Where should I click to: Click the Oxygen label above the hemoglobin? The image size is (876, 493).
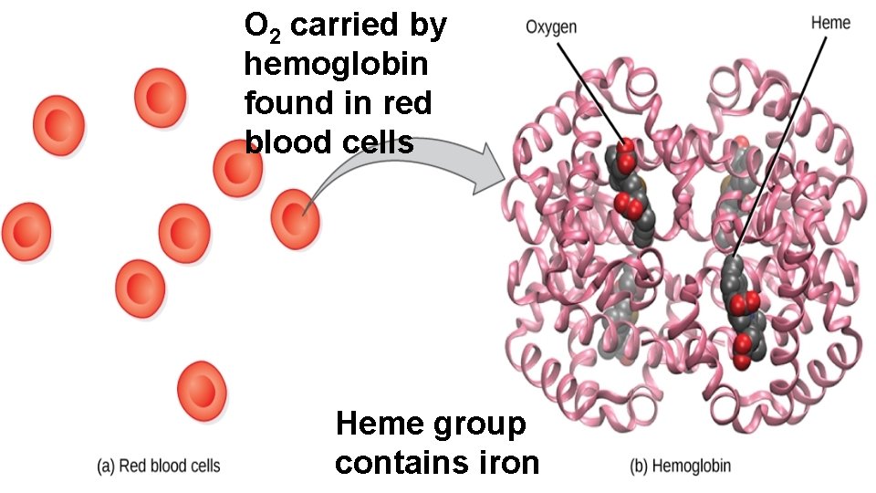click(551, 27)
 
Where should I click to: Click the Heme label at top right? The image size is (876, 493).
click(830, 23)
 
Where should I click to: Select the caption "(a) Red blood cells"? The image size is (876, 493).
click(159, 467)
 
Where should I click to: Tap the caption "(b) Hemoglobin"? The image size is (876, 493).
click(681, 467)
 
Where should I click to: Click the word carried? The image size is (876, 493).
click(348, 26)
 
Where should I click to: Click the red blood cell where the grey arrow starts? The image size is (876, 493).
click(296, 217)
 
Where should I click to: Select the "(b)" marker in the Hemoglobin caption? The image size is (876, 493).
click(641, 467)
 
